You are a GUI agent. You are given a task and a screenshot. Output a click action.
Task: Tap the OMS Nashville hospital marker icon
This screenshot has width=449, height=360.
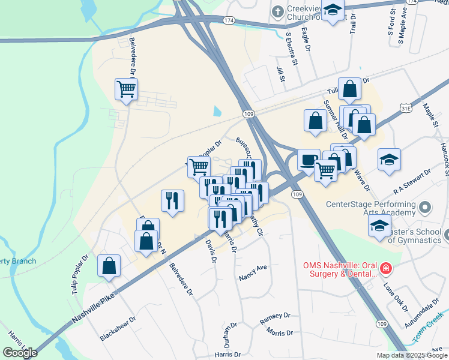coord(387,267)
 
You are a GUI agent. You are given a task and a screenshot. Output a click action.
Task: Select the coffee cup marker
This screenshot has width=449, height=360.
coord(309,160)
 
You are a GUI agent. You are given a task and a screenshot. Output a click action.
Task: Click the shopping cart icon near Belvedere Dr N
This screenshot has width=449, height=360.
coord(127,89)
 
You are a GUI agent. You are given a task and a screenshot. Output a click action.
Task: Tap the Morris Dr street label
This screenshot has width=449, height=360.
coord(280,332)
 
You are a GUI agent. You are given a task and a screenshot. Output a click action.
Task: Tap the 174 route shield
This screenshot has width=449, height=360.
coord(228,20)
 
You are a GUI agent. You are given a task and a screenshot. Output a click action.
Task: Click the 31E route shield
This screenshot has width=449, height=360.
coord(406,109)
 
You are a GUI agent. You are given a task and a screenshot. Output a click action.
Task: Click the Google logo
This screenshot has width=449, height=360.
coord(20,353)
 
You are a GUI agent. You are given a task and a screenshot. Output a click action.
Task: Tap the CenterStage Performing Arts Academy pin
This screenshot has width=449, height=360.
coord(426,208)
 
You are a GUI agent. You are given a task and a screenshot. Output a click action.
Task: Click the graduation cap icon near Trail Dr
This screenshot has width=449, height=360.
coord(333,10)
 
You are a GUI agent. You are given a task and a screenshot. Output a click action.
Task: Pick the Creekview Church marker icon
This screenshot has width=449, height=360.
coord(277,11)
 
